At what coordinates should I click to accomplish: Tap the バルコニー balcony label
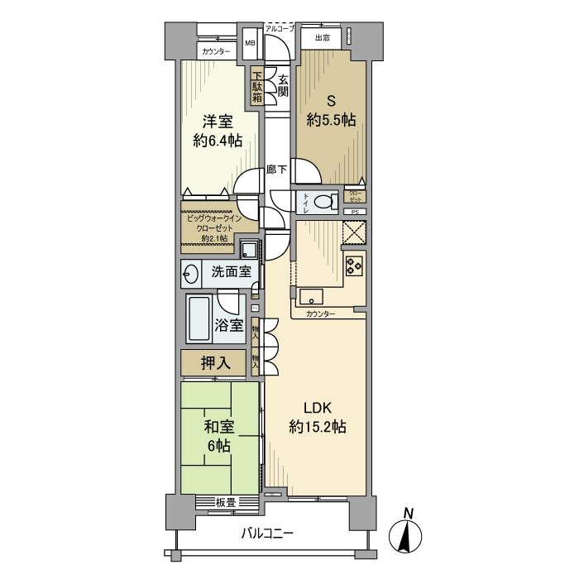pos(267,534)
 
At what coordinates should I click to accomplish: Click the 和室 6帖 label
pos(219,436)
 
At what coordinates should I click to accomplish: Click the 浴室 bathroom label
pos(228,324)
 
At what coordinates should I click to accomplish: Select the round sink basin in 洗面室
pos(191,271)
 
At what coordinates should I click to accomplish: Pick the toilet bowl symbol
pos(326,201)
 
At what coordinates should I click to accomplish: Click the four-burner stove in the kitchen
pos(354,266)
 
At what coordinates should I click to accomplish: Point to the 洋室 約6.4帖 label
pos(218,131)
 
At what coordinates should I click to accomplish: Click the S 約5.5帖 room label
pos(331,111)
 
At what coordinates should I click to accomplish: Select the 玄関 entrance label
pos(282,86)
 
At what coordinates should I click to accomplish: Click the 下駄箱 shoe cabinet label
pos(257,87)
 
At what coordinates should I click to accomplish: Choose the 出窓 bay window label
pos(322,38)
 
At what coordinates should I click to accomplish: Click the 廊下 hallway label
pos(276,170)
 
